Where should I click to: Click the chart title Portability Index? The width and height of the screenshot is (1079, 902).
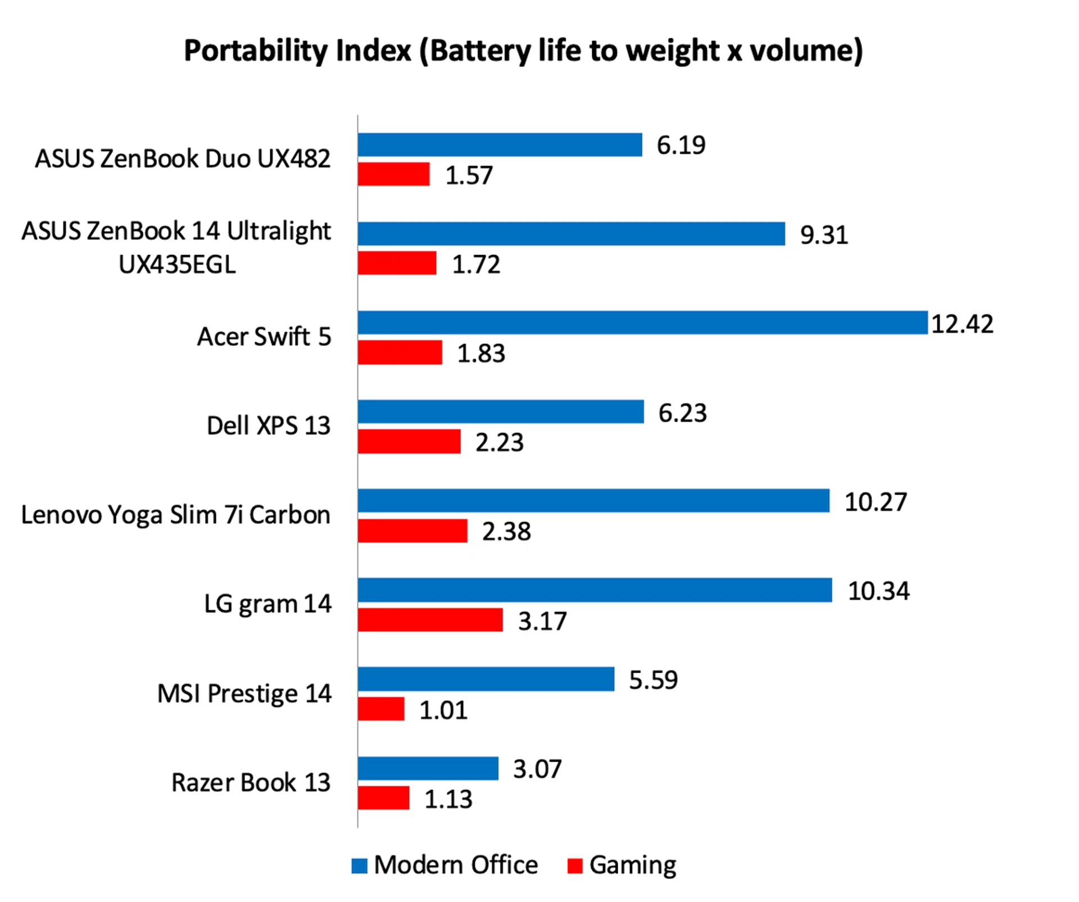pos(523,51)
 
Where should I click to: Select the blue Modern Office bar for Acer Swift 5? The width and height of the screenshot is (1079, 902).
pos(642,323)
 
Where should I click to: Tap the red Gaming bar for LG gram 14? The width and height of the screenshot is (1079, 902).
pos(430,620)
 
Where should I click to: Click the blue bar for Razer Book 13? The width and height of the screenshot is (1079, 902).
pos(428,768)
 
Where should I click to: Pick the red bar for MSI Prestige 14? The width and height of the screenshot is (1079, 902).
pos(381,709)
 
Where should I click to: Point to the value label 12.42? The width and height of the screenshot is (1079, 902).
pos(962,324)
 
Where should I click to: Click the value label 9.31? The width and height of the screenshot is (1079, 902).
pos(824,235)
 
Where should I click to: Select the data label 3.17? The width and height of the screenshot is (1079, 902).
pos(542,622)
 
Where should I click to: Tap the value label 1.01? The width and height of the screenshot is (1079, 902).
pos(443,710)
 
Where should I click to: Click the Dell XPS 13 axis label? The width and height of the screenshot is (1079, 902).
pos(268,426)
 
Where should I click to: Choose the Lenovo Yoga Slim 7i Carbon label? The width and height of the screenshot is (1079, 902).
pos(175,515)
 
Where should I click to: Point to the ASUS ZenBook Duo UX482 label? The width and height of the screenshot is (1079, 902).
pos(183,159)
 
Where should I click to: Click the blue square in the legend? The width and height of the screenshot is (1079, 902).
pos(359,866)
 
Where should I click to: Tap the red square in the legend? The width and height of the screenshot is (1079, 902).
pos(574,866)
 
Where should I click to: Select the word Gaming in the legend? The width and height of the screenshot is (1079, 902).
pos(633,865)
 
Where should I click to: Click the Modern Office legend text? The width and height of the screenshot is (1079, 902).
pos(456,865)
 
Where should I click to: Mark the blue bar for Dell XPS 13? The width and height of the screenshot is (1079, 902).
pos(500,411)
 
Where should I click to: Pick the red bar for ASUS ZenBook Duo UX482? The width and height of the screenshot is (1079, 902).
pos(393,174)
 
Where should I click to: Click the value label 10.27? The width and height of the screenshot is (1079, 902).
pos(876,502)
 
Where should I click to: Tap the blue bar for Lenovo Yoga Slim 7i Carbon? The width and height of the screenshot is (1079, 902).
pos(593,501)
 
